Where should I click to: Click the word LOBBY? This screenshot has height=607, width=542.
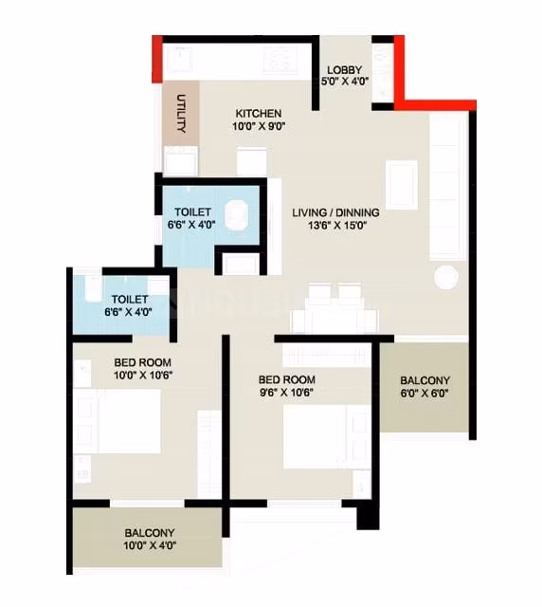coord(344,70)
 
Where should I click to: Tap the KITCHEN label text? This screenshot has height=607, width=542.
coord(259,114)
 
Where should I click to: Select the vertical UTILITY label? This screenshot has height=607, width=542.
coord(181,114)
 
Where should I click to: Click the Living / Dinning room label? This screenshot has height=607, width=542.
coord(335,212)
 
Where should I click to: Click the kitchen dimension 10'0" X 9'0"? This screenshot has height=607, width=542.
coord(259,126)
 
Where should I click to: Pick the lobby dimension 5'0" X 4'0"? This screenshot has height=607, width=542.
coord(345,82)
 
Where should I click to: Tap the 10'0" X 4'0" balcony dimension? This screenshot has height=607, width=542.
coord(150,546)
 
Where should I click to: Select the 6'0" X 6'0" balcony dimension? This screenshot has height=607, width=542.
coord(425,394)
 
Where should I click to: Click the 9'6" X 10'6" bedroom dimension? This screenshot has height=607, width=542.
coord(286,392)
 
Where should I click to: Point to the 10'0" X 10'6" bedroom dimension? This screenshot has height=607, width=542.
coord(143,376)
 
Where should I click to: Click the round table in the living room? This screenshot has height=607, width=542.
coord(446,277)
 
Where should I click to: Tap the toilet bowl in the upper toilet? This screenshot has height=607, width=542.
coord(236,214)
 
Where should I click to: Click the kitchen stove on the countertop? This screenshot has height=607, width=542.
coord(280,60)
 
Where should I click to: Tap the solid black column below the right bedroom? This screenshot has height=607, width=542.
coord(368,518)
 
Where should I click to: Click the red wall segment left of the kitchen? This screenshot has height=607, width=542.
coord(156,59)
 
